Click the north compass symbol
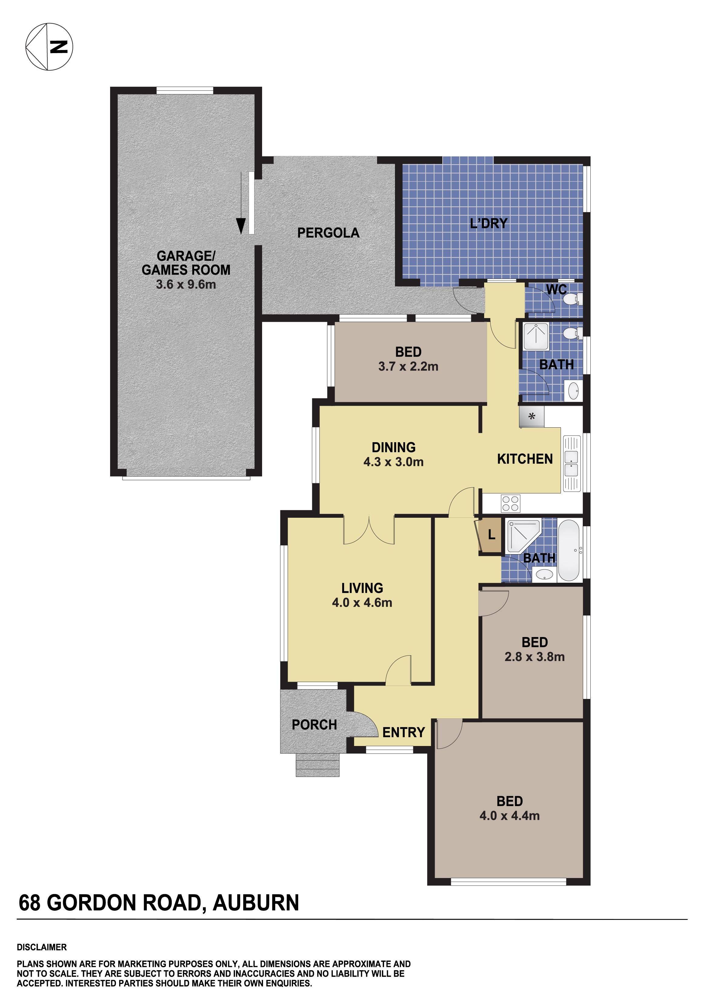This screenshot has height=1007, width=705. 49,46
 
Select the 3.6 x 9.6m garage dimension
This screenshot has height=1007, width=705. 186,284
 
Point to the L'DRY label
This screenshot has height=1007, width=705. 488,224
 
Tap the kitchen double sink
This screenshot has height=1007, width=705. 571,463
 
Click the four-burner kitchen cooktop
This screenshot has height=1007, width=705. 510,503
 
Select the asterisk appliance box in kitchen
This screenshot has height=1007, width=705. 531,416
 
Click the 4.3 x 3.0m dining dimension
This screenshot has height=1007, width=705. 393,462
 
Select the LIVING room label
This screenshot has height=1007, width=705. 362,588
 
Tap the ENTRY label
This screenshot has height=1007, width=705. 403,732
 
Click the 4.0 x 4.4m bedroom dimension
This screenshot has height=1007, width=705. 509,816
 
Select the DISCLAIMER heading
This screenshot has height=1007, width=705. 42,947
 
